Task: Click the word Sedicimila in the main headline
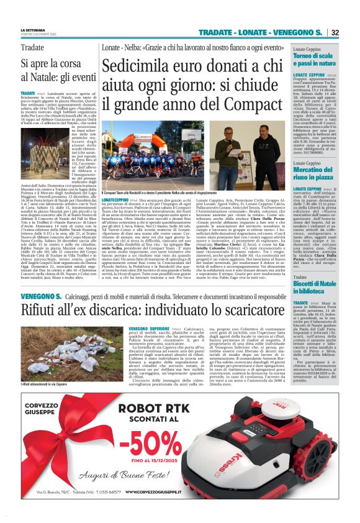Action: pos(140,66)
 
